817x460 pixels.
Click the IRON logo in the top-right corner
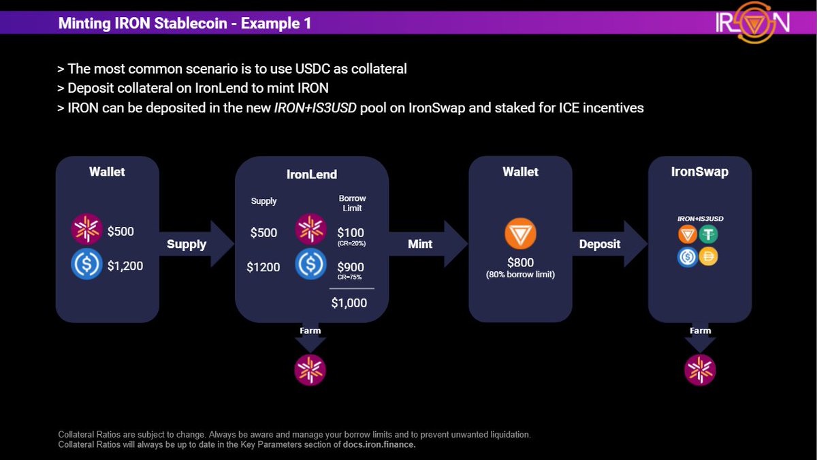[x=752, y=22]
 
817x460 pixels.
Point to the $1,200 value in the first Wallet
[x=125, y=266]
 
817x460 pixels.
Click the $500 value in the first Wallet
[x=121, y=232]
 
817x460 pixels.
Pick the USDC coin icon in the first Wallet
[x=87, y=265]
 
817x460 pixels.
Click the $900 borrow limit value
[x=351, y=266]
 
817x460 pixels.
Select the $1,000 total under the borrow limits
[x=349, y=303]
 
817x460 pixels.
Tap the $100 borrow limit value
[x=351, y=232]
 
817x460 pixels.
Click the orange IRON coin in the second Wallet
[x=520, y=234]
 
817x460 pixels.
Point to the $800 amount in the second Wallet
[x=520, y=262]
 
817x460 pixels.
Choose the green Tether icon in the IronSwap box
[x=709, y=235]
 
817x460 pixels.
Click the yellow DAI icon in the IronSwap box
[x=709, y=256]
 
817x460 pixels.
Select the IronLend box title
[x=311, y=174]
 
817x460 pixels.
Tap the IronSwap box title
[x=699, y=172]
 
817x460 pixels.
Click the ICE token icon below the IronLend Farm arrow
[x=310, y=369]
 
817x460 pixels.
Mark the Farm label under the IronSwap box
[x=700, y=331]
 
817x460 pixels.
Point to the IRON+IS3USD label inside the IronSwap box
[x=699, y=219]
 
